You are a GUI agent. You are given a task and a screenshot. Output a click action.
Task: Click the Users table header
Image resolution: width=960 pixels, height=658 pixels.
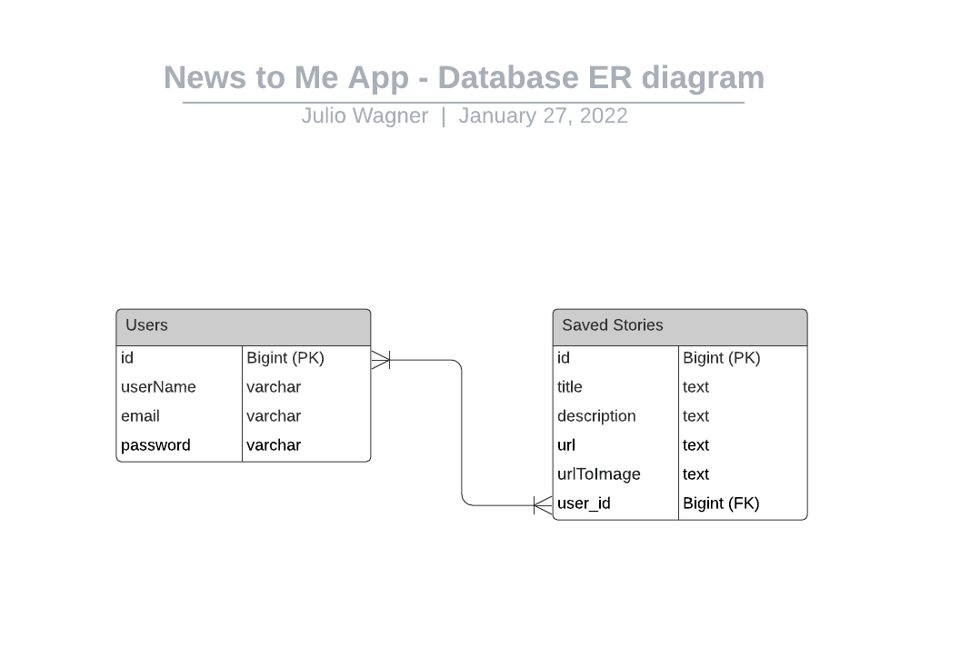[243, 327]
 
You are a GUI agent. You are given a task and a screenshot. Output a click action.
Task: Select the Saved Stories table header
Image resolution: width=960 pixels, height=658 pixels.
[680, 327]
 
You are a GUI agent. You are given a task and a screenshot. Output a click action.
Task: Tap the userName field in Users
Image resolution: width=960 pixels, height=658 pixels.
[158, 387]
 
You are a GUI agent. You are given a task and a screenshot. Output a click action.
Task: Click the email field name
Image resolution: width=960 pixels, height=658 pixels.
[140, 416]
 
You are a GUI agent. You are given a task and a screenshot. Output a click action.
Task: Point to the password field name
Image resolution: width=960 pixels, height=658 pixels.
[155, 445]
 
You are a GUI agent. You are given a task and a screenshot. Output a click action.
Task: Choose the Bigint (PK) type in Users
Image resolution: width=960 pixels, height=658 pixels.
[285, 358]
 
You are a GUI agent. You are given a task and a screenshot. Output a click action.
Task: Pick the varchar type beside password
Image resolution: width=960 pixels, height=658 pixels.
[274, 445]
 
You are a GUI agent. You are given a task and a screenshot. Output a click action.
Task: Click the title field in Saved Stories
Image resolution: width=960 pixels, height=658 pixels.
[569, 387]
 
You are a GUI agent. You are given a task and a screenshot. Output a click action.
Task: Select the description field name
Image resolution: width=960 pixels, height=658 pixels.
[596, 416]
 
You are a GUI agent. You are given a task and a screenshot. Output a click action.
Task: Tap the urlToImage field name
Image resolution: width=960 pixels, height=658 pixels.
[599, 474]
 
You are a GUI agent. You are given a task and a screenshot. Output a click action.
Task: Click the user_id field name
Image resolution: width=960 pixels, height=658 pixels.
[584, 503]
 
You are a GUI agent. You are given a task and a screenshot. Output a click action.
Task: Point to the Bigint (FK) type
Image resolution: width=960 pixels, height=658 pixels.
[721, 503]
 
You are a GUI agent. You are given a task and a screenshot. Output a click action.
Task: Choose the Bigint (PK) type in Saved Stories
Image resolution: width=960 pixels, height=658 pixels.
[722, 358]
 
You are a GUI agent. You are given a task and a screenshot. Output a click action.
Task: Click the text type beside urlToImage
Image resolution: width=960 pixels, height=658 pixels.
[696, 474]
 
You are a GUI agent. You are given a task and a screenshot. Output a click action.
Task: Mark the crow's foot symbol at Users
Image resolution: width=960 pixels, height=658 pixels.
[380, 360]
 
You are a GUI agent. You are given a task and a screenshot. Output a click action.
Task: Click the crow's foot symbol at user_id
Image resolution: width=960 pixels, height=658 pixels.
[543, 505]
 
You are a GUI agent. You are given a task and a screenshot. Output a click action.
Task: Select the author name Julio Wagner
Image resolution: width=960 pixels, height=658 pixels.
[365, 115]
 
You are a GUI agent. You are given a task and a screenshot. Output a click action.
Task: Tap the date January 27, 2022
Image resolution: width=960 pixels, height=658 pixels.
[543, 115]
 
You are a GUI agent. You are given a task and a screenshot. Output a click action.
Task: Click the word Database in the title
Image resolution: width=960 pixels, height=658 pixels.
[508, 78]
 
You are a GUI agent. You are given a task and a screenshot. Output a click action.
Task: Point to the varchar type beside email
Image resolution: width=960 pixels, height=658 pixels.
[274, 416]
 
